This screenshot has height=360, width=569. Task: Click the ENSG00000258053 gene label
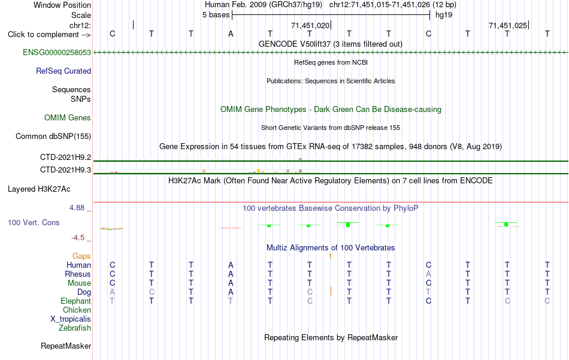pos(57,52)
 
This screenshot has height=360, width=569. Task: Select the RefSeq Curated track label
pos(63,71)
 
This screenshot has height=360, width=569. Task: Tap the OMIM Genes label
pos(68,117)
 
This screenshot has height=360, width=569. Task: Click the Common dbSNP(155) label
pos(53,136)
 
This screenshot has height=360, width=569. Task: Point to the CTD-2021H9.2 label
pos(66,157)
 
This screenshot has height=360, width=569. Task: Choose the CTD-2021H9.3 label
pos(66,170)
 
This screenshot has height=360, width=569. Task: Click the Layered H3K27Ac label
pos(39,189)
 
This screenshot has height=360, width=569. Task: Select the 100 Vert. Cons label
pos(34,222)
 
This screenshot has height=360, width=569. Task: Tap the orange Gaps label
pos(81,256)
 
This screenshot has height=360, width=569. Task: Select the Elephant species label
pos(76,301)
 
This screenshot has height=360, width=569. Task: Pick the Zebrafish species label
pos(75,328)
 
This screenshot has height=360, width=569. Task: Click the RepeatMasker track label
pos(66,346)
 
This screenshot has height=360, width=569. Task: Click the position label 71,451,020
pos(310,25)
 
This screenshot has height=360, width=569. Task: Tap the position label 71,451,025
pos(508,25)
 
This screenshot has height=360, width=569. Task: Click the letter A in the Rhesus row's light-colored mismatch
pos(429,274)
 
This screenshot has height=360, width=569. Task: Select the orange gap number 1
pos(330,256)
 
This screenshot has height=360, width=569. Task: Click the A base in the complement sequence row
pos(231,34)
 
